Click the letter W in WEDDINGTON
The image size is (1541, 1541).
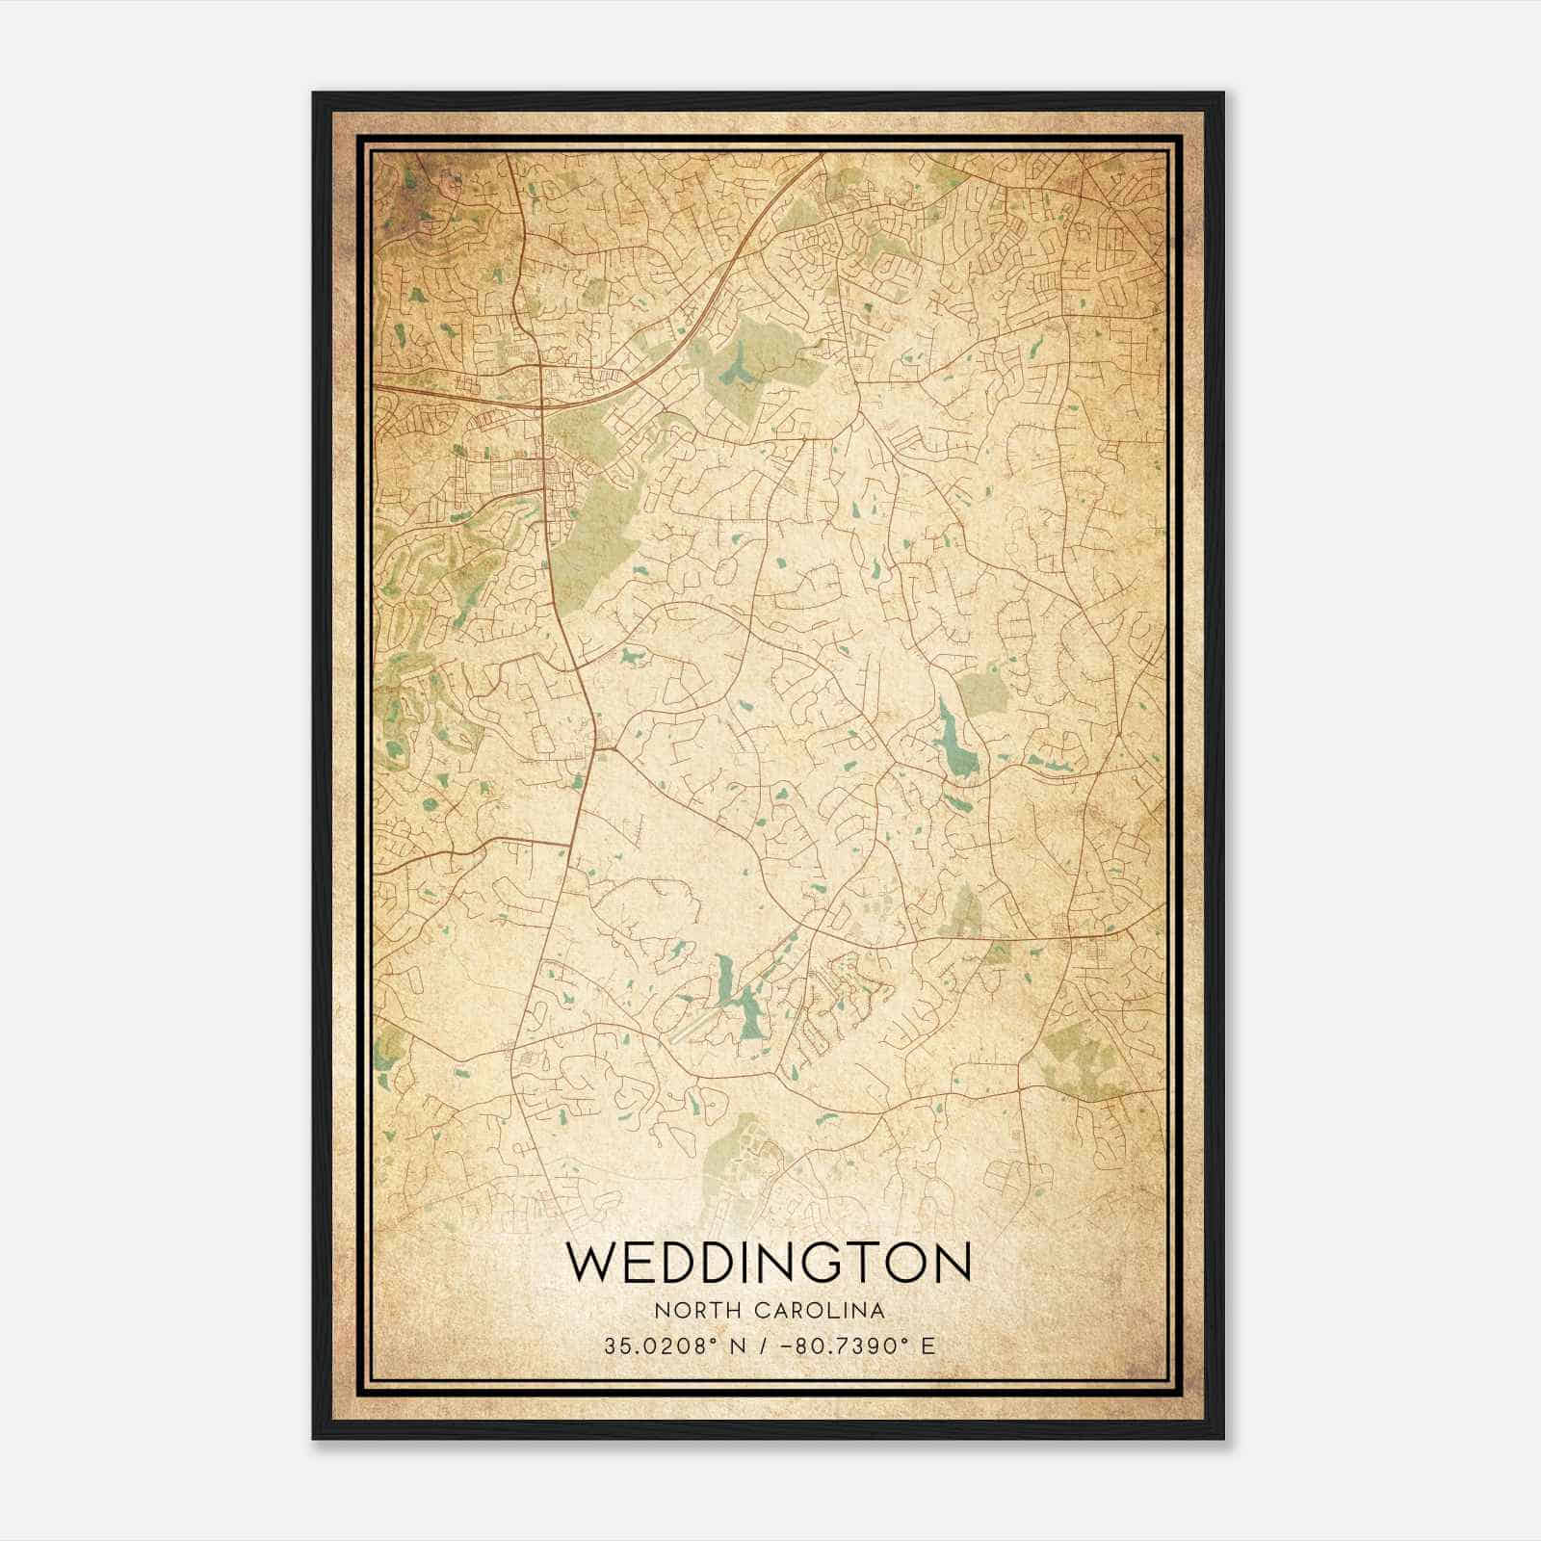590,1263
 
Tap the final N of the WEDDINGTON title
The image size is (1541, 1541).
951,1263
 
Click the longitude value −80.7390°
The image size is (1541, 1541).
848,1345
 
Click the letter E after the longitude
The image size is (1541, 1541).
927,1345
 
